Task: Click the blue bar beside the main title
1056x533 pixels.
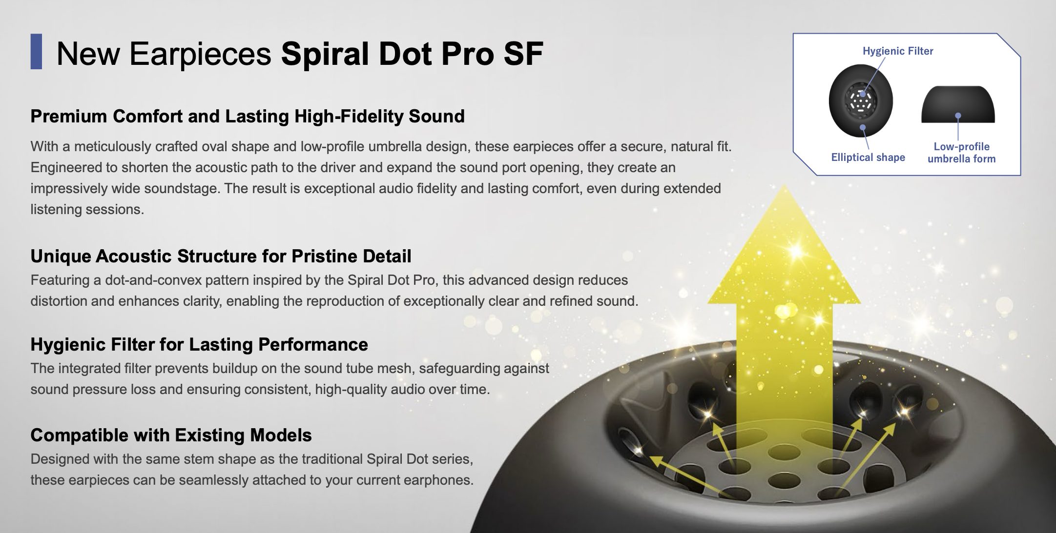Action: pyautogui.click(x=36, y=52)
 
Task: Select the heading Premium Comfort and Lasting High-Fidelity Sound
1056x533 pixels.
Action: pyautogui.click(x=248, y=117)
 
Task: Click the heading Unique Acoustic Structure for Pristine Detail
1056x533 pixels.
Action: pyautogui.click(x=221, y=256)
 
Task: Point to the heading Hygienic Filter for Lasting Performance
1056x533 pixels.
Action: pyautogui.click(x=199, y=344)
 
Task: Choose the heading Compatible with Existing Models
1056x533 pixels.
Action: pyautogui.click(x=171, y=435)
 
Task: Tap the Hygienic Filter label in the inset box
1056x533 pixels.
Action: pyautogui.click(x=898, y=51)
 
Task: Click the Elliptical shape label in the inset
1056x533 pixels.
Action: pyautogui.click(x=868, y=157)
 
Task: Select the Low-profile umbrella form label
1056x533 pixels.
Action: pyautogui.click(x=961, y=153)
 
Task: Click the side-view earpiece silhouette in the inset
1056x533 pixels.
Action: pyautogui.click(x=958, y=104)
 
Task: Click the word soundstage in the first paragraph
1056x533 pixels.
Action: pyautogui.click(x=175, y=189)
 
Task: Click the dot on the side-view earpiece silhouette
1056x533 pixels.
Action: pyautogui.click(x=958, y=116)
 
